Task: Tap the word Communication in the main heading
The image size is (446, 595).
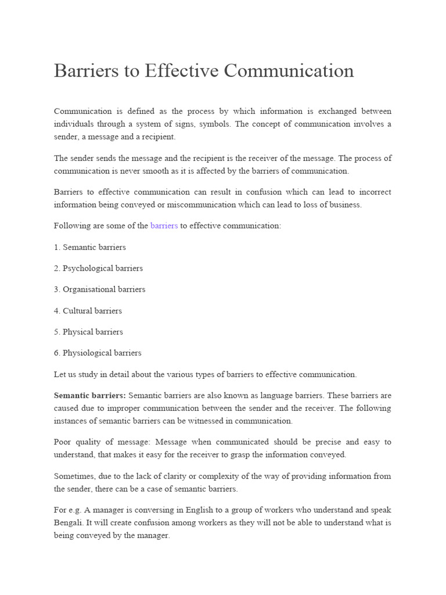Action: (289, 71)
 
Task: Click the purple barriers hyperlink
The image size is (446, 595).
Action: (164, 225)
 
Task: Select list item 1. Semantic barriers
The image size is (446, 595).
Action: (90, 247)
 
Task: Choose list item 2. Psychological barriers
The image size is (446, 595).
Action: (98, 268)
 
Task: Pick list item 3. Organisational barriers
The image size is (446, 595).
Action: (100, 289)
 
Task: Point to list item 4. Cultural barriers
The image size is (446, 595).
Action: (88, 310)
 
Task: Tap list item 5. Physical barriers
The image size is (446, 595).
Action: (89, 331)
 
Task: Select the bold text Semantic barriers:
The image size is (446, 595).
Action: (90, 395)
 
